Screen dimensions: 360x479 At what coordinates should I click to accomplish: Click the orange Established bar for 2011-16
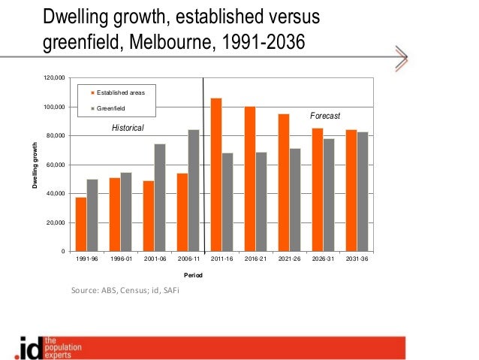pos(216,174)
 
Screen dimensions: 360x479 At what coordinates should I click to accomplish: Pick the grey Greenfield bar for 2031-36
pos(363,192)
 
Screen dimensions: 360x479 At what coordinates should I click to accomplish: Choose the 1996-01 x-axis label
pos(120,261)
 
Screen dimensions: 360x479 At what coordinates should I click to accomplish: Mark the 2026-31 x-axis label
pos(323,261)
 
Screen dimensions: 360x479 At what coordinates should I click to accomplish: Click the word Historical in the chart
pos(128,129)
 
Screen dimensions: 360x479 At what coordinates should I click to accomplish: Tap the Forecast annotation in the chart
pos(325,116)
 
